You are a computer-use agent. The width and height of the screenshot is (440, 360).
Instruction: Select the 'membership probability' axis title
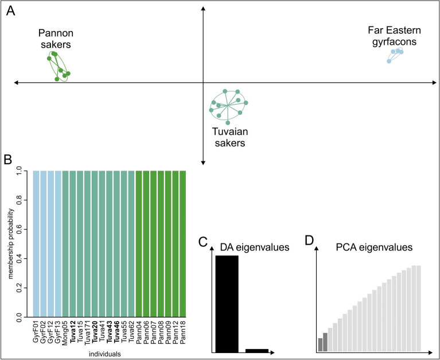click(x=9, y=243)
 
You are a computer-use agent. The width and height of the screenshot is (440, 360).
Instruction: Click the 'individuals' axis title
click(x=108, y=354)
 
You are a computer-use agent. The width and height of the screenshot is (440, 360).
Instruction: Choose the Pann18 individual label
click(x=183, y=332)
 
